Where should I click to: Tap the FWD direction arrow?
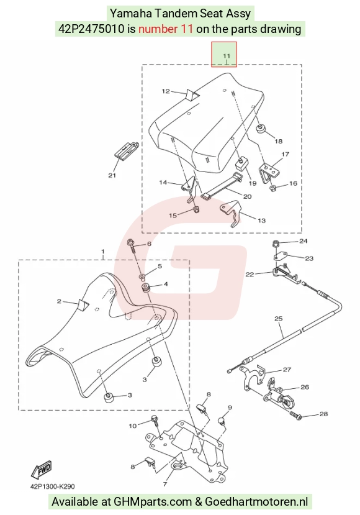(x=42, y=470)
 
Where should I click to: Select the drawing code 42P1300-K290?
(x=52, y=486)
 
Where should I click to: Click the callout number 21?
(x=112, y=175)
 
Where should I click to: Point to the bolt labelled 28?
(x=295, y=416)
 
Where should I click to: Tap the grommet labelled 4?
(x=145, y=288)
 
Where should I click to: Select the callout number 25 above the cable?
(x=278, y=318)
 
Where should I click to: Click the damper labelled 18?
(x=261, y=128)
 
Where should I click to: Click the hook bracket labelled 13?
(x=231, y=213)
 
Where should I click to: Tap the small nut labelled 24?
(x=276, y=244)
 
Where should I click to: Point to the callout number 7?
(x=165, y=484)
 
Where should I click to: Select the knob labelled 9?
(x=222, y=421)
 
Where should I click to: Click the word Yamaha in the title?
(x=130, y=14)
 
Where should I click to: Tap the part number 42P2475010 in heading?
(x=92, y=29)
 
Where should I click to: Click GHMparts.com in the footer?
(x=152, y=502)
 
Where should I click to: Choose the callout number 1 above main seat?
(x=103, y=252)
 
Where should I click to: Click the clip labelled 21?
(x=125, y=150)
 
